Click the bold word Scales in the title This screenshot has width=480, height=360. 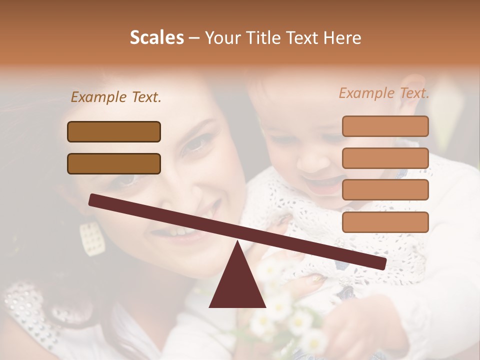157,38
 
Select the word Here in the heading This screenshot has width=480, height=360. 341,38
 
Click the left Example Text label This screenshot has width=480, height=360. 116,97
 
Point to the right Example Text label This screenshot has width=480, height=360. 384,93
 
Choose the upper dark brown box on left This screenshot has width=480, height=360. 114,131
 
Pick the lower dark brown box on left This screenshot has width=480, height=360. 114,163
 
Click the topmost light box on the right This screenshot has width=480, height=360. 385,126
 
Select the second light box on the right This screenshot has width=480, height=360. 385,158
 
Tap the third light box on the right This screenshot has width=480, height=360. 385,189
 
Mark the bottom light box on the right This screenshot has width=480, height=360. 385,222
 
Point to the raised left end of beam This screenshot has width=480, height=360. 95,200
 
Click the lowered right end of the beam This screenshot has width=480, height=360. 380,263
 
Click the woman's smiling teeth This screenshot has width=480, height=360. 172,231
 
